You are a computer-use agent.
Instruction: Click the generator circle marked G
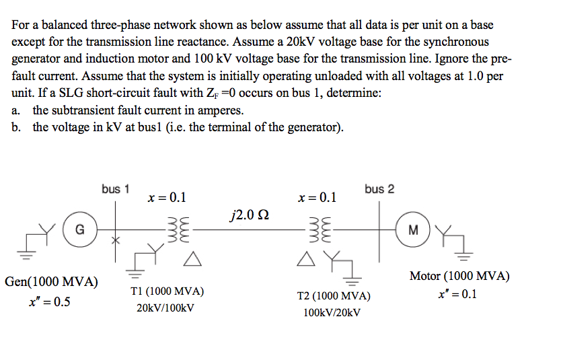pos(79,230)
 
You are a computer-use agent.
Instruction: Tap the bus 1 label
pos(116,189)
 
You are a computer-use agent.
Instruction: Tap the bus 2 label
pos(379,189)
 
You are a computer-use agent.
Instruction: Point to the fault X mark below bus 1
pos(115,239)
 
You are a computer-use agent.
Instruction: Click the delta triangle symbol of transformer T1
pos(191,258)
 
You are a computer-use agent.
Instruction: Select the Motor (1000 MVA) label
pos(459,276)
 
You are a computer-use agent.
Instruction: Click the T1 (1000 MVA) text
pos(167,291)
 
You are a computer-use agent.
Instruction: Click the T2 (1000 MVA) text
pos(333,295)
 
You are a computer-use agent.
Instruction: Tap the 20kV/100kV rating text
pos(165,309)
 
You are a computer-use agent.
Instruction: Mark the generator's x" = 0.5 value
pos(49,301)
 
